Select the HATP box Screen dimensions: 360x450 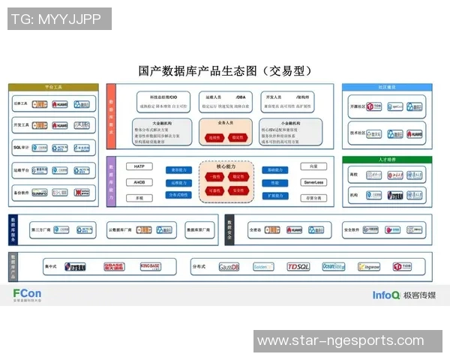[x=139, y=166]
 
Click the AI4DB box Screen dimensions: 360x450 [x=139, y=182]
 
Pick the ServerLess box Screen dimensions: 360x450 [x=313, y=182]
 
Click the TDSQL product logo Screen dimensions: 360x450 [x=298, y=266]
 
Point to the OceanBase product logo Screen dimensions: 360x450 [x=333, y=266]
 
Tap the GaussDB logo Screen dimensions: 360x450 [x=229, y=266]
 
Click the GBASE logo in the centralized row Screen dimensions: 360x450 [x=114, y=266]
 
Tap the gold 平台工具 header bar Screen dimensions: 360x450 [x=52, y=88]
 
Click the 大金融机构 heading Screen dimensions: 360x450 [x=162, y=122]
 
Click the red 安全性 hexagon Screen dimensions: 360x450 [x=238, y=190]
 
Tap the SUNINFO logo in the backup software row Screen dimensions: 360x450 [x=39, y=193]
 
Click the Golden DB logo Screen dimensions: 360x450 [x=263, y=266]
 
